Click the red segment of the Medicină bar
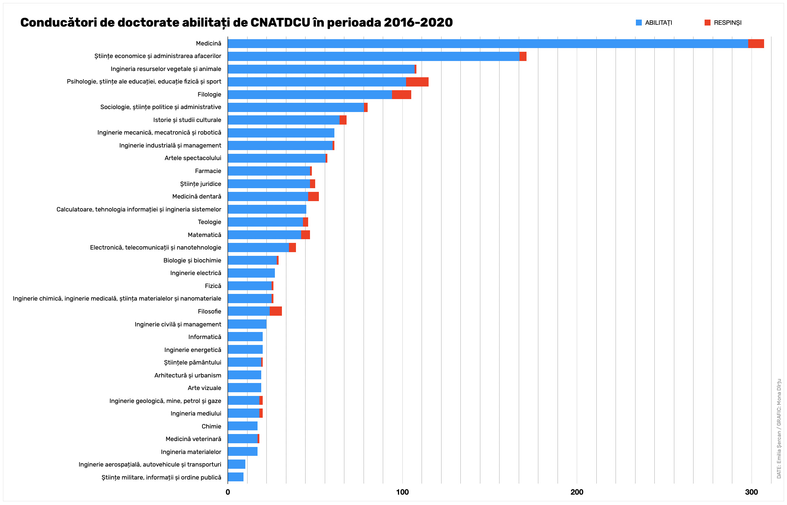tap(756, 44)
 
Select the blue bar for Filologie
tap(310, 95)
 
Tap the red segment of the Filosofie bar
tap(276, 311)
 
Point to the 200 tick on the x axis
tap(577, 492)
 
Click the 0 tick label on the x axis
tap(228, 492)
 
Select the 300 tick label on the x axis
tap(752, 492)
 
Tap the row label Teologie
tap(209, 222)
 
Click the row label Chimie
tap(211, 426)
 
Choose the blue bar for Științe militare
tap(235, 477)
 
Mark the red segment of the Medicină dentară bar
tap(313, 197)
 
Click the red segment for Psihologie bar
tap(417, 82)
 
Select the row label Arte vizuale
tap(204, 388)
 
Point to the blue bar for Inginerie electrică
tap(251, 273)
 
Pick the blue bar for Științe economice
tap(373, 56)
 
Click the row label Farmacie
tap(208, 171)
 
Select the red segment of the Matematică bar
tap(306, 235)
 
